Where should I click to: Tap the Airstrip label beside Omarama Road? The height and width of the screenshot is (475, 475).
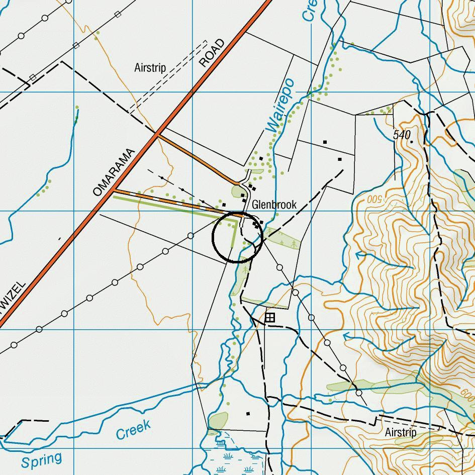150,67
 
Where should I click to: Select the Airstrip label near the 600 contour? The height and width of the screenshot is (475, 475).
401,432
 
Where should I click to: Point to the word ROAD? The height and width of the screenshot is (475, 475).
212,53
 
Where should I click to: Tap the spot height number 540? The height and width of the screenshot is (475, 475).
402,135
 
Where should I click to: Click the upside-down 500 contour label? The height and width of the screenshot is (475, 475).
374,199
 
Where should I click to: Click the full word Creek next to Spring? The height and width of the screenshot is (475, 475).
133,430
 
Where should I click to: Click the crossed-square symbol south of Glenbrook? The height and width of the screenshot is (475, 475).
270,317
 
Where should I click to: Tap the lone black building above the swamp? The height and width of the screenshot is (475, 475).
248,414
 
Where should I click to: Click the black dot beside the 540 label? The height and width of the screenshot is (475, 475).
412,142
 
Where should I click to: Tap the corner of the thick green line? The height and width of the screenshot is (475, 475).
237,219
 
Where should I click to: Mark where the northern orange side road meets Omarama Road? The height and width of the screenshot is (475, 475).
157,134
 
